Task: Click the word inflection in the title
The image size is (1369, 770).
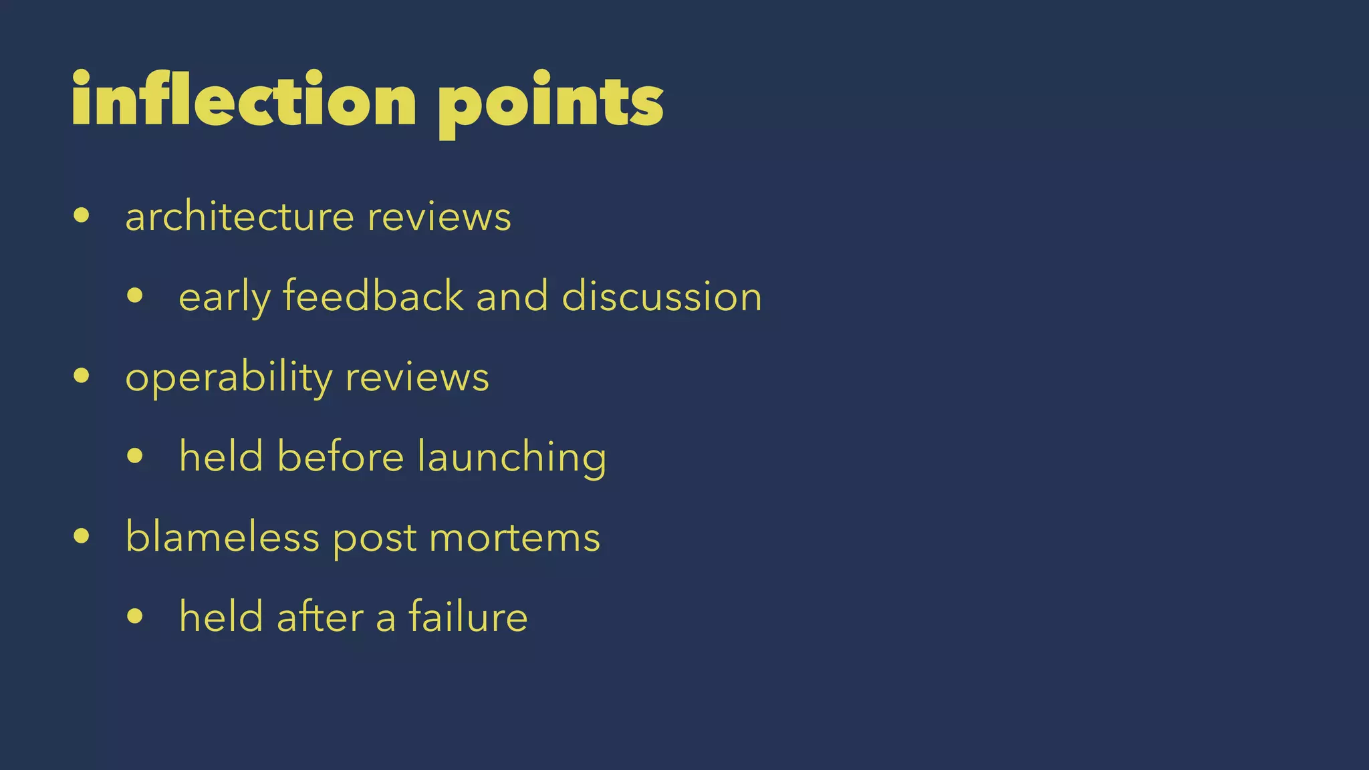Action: click(x=244, y=100)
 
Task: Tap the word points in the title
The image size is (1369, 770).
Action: click(x=550, y=104)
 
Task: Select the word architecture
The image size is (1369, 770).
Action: click(x=239, y=217)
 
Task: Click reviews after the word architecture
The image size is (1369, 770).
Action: click(x=439, y=218)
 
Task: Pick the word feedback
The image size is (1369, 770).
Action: click(x=373, y=296)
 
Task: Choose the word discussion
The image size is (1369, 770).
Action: click(x=662, y=296)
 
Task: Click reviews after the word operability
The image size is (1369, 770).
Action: click(x=417, y=378)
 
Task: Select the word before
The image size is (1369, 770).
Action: click(x=340, y=457)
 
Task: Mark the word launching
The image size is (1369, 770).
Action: click(x=511, y=458)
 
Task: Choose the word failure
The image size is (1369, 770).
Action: click(x=468, y=616)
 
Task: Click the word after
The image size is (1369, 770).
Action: click(x=320, y=616)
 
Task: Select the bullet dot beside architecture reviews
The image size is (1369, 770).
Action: click(x=82, y=215)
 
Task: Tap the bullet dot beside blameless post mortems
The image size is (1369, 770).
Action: click(x=82, y=535)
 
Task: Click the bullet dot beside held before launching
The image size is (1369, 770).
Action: click(x=135, y=456)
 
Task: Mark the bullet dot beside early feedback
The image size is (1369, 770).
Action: click(x=135, y=295)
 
